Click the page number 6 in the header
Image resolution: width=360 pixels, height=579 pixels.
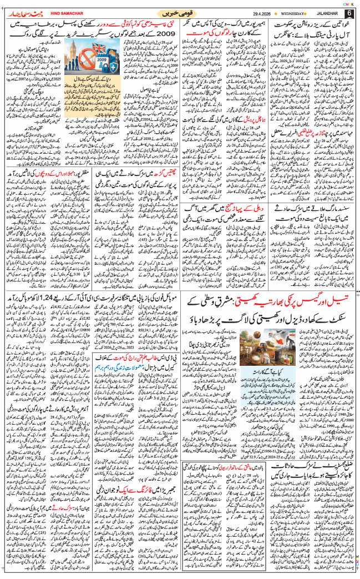348,12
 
